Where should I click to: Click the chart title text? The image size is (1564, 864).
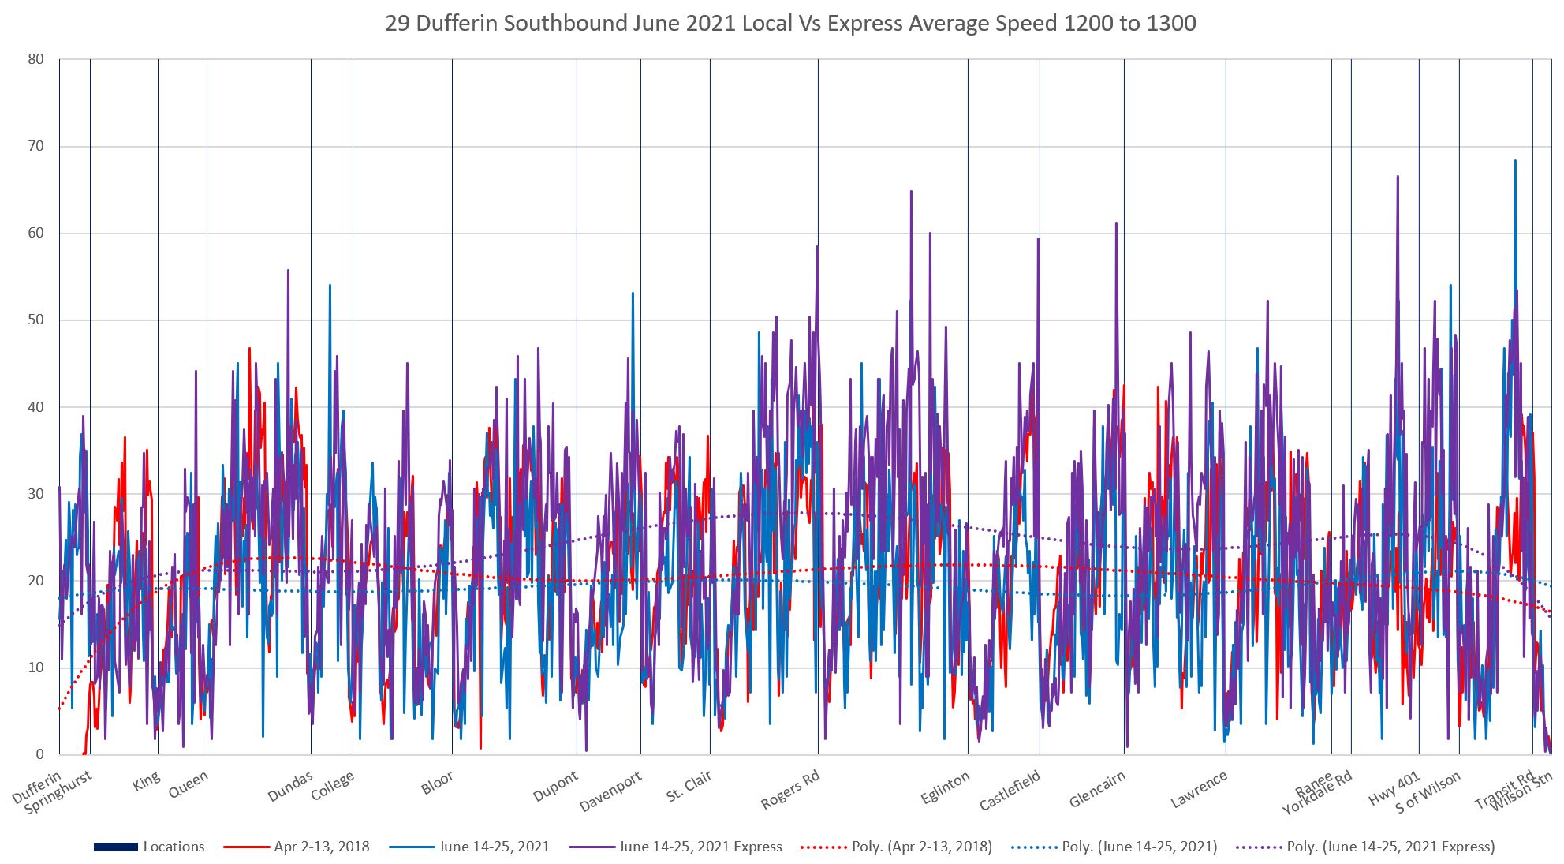click(790, 24)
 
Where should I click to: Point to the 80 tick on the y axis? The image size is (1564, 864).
click(35, 59)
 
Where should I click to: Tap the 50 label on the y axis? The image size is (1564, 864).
click(35, 320)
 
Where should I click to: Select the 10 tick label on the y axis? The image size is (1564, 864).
click(35, 668)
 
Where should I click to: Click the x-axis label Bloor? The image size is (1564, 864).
click(437, 782)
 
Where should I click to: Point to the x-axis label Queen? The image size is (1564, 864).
click(189, 784)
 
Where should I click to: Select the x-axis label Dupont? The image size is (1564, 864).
click(556, 786)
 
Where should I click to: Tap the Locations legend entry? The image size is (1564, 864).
click(149, 847)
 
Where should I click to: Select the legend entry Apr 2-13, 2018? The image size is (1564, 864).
click(297, 847)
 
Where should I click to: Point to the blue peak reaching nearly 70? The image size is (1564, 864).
click(1515, 162)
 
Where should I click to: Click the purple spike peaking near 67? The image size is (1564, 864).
click(1398, 178)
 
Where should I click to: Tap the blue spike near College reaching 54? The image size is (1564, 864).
click(330, 286)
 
